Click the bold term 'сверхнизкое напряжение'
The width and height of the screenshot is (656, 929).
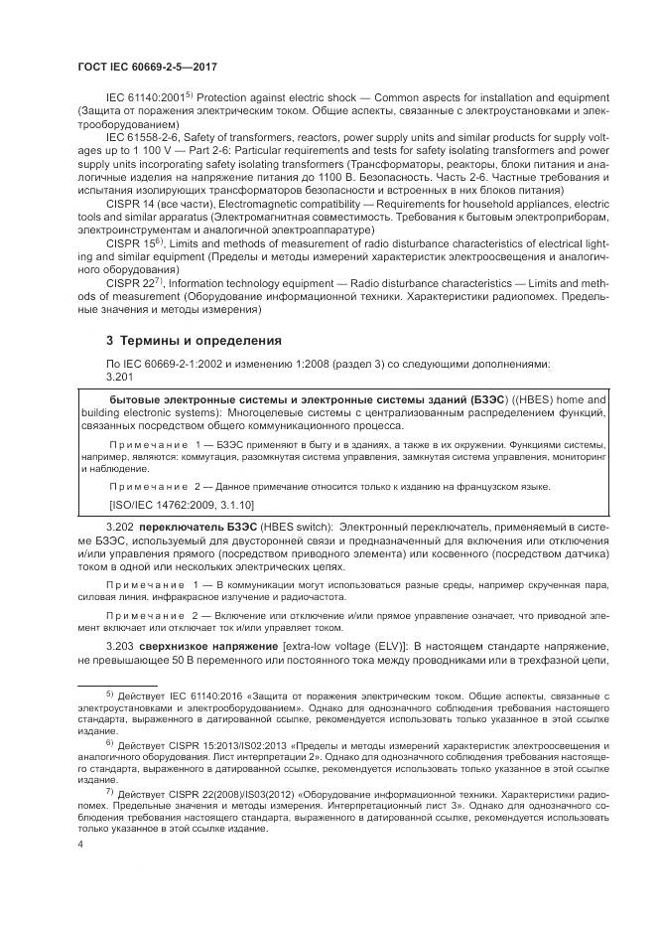coord(208,646)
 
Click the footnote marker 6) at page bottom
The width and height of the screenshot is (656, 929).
coord(110,742)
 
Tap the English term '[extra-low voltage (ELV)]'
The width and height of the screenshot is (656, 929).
coord(347,646)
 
